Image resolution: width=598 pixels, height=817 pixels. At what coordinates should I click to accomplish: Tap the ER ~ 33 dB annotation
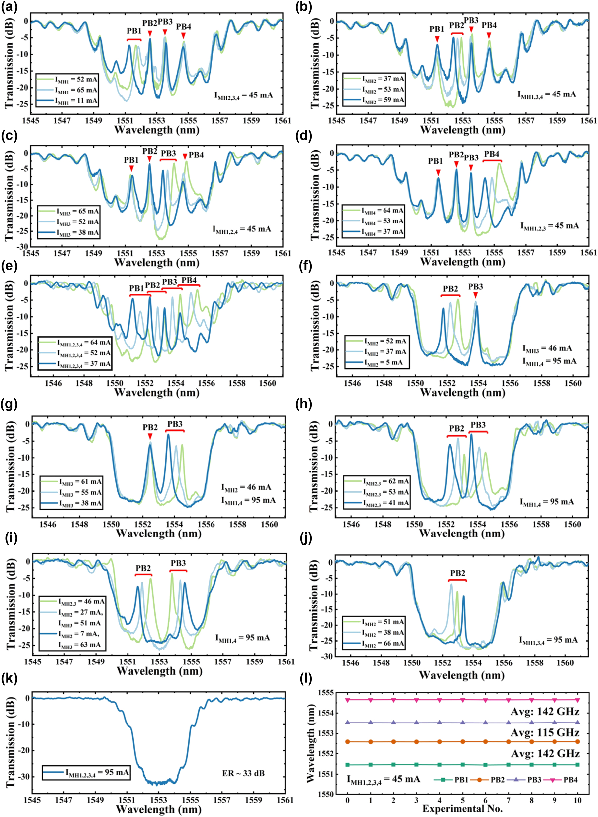tap(243, 773)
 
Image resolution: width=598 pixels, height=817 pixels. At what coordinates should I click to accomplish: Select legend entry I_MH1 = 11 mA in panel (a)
tap(76, 101)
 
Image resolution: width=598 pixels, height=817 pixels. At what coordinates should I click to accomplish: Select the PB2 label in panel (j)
tap(457, 573)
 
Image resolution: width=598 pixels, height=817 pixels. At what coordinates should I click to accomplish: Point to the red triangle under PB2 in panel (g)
tap(150, 437)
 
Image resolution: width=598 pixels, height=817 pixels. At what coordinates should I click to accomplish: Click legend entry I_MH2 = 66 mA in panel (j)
tap(384, 644)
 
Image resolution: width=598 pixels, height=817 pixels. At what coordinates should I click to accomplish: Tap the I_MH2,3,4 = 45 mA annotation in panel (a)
tap(243, 95)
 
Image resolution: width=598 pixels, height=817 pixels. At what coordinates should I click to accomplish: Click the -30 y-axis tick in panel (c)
tap(21, 246)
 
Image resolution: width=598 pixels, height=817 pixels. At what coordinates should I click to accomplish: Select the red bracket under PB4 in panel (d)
tap(492, 160)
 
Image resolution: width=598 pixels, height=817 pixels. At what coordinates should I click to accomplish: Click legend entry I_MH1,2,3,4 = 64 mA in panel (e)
tap(84, 342)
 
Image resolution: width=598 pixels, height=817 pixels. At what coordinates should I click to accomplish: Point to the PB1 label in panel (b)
tap(437, 29)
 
